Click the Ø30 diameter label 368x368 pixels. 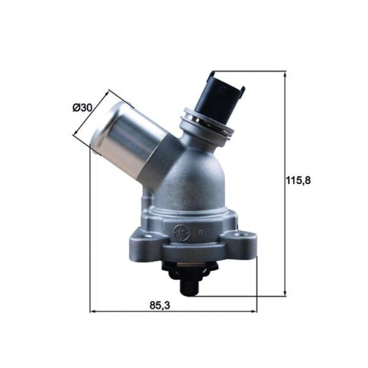coord(82,108)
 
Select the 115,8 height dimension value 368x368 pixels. coord(298,180)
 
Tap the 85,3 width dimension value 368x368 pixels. coord(160,305)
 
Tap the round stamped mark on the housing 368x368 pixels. coord(179,232)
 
